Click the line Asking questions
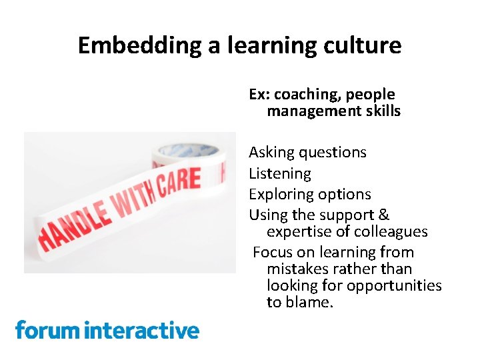(x=307, y=153)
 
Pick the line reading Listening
(x=280, y=174)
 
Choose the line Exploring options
(x=309, y=195)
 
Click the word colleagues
(x=390, y=232)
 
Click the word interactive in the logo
(x=143, y=330)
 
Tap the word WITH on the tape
(x=134, y=197)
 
